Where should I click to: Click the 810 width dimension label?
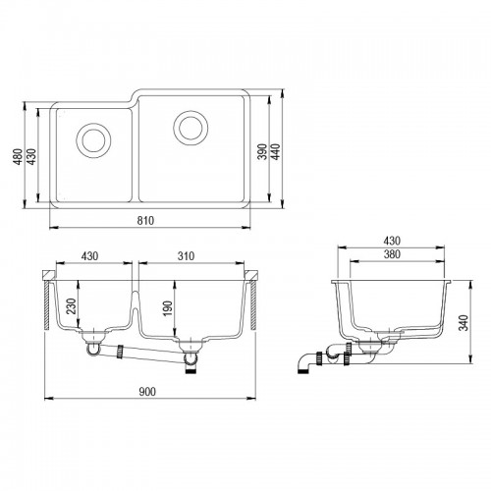pos(145,221)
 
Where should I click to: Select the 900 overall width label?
pos(147,392)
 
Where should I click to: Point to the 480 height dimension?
pos(19,156)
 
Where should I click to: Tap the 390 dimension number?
pos(262,151)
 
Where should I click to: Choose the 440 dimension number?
pos(276,151)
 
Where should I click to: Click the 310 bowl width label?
pos(186,256)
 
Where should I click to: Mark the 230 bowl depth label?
pos(72,306)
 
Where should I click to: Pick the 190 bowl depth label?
pos(167,308)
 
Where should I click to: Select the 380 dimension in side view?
pos(392,254)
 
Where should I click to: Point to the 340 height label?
pos(464,322)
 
